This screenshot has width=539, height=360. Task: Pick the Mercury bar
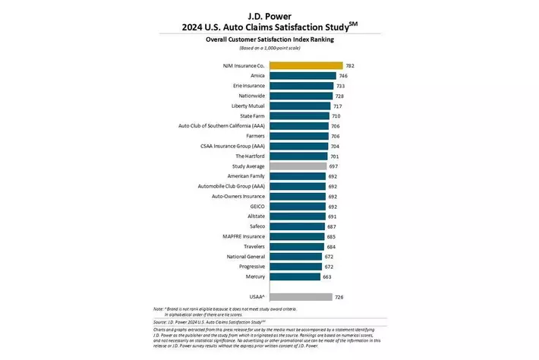click(294, 276)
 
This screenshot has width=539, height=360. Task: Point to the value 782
click(350, 66)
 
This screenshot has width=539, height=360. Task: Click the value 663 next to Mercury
click(326, 276)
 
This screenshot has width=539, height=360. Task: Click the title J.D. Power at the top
click(269, 14)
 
